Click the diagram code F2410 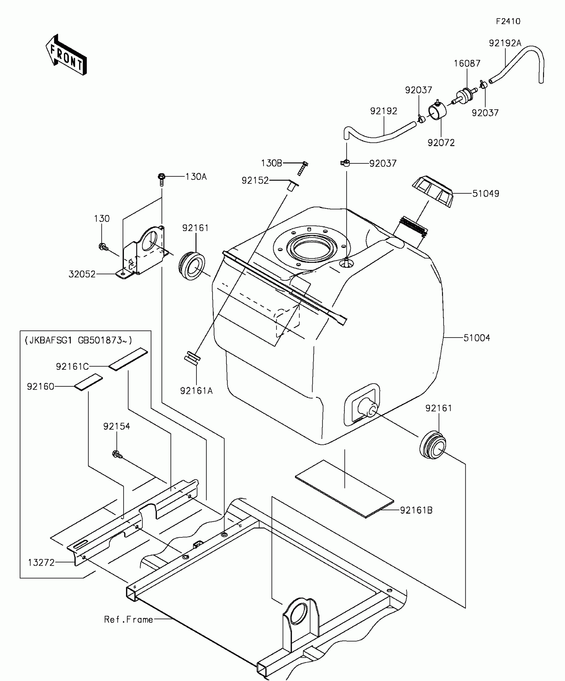(508, 22)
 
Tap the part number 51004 (477, 338)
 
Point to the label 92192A (505, 43)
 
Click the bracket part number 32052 (82, 274)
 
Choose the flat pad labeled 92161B (345, 488)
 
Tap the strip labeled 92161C (128, 359)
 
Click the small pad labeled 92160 (88, 382)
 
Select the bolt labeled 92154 (117, 453)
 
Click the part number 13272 (41, 562)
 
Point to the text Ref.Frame (128, 620)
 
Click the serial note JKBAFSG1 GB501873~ (78, 340)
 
